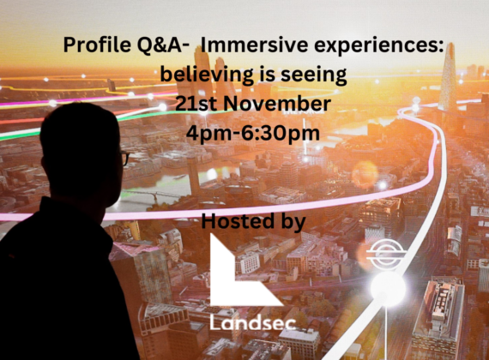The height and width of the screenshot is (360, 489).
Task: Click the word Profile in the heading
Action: (97, 45)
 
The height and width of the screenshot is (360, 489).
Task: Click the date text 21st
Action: (196, 104)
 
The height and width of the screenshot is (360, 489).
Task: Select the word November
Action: (277, 104)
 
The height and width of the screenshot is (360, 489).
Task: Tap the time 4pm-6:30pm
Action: (253, 134)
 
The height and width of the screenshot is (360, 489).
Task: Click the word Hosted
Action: (238, 220)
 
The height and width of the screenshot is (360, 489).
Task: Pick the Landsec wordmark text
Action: (252, 321)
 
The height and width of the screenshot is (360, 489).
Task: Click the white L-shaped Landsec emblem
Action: (244, 270)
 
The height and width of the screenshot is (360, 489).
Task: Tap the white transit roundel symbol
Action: (386, 254)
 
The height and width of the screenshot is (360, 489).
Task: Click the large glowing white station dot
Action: (388, 287)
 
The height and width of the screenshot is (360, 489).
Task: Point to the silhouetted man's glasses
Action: (124, 158)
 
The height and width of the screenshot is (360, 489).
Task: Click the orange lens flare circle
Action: (365, 175)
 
